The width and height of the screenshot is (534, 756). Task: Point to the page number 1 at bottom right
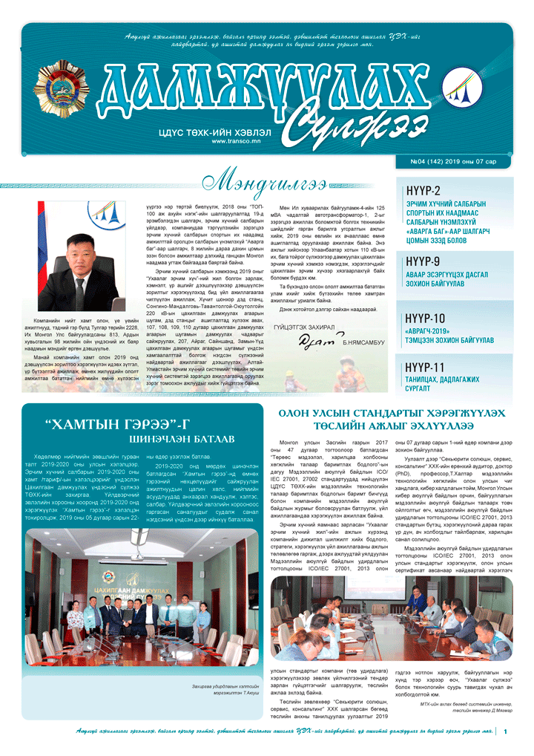(x=505, y=732)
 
